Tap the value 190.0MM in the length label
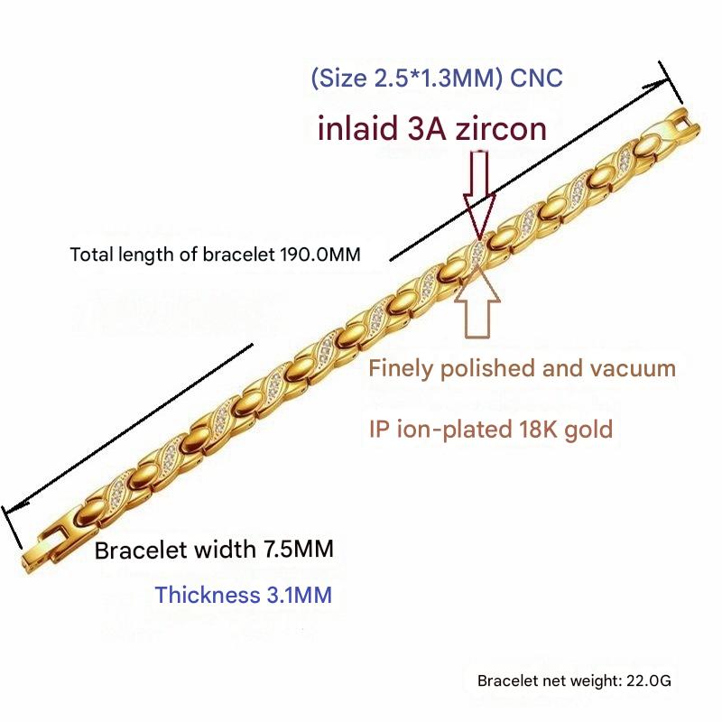320,255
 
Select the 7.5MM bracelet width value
299,549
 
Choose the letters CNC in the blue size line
536,78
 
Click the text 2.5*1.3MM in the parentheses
434,78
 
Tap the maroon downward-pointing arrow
479,194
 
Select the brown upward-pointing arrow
477,301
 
